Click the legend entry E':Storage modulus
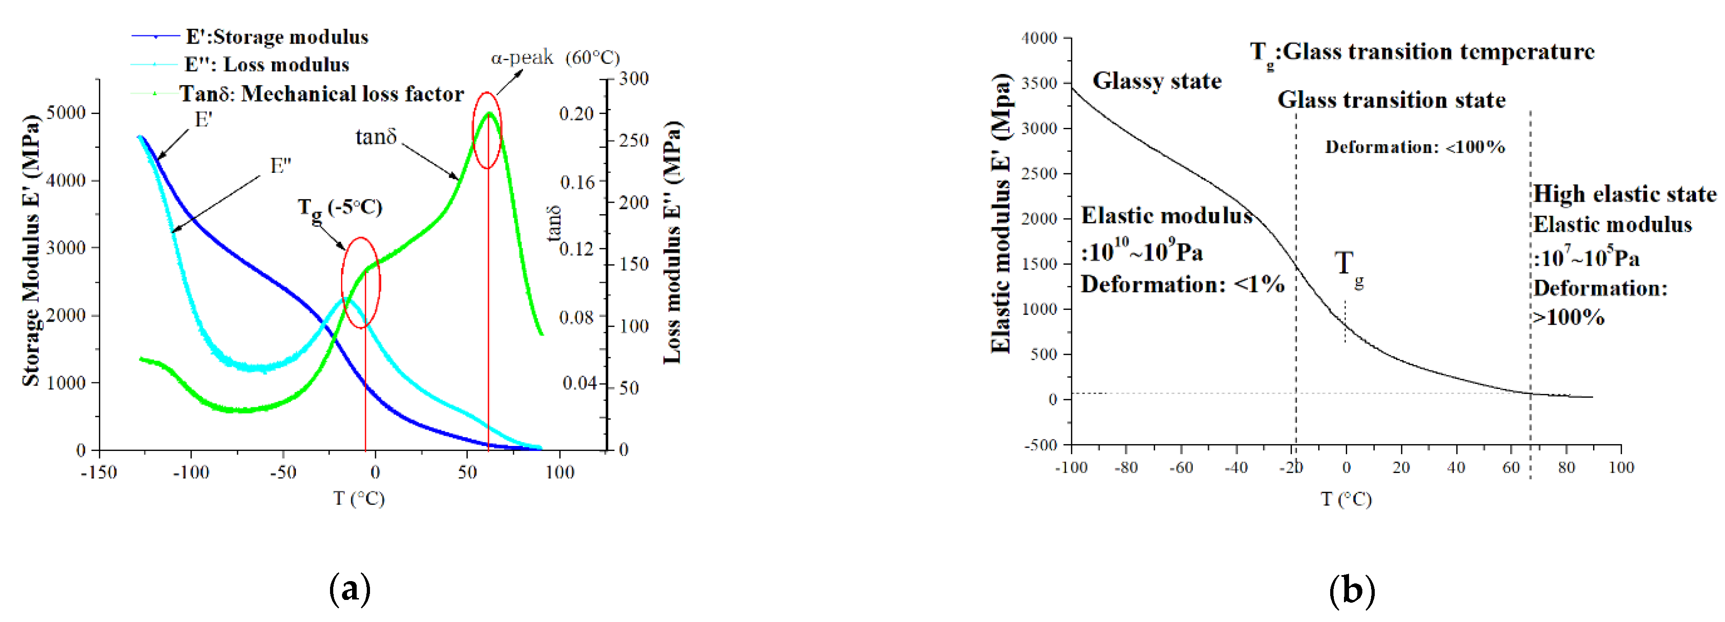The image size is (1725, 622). (x=276, y=37)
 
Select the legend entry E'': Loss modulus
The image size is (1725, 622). (x=267, y=65)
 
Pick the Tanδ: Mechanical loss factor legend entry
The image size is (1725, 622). (x=321, y=94)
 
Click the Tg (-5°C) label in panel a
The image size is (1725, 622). (x=340, y=207)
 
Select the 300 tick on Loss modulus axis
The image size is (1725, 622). (x=633, y=79)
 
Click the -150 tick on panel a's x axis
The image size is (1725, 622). (x=99, y=473)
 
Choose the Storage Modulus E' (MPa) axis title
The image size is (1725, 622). (x=31, y=251)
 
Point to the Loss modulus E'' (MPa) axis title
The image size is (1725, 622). (x=672, y=242)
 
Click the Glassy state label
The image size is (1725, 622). (x=1156, y=81)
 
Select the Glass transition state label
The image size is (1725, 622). (x=1391, y=100)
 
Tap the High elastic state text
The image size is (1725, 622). (x=1624, y=194)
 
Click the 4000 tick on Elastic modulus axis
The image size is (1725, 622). (x=1039, y=38)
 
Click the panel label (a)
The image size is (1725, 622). (x=350, y=589)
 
